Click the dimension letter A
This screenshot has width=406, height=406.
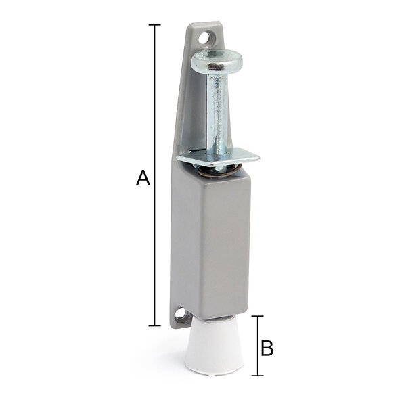(x=143, y=178)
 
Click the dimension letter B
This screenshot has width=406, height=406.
(x=267, y=348)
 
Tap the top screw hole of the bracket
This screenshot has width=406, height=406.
(x=205, y=38)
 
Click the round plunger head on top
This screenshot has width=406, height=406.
(x=217, y=62)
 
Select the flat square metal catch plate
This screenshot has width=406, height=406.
(x=218, y=157)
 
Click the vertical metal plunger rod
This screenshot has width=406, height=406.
(x=217, y=112)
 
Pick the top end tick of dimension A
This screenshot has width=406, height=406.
(x=154, y=25)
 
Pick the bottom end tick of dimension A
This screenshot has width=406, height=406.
(x=154, y=325)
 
